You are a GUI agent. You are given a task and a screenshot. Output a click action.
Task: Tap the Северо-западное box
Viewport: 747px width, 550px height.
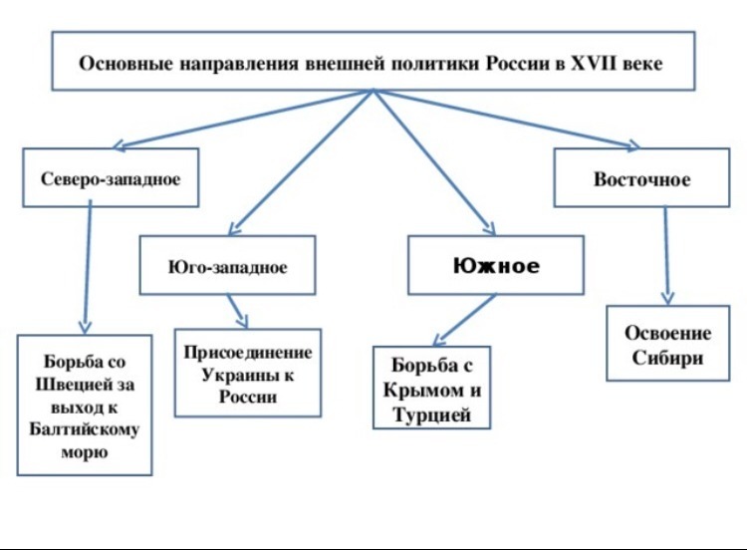tap(111, 177)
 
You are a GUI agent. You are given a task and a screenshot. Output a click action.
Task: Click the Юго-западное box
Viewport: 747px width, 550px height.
tap(227, 265)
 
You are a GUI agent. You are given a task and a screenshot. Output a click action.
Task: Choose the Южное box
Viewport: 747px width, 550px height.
tap(496, 265)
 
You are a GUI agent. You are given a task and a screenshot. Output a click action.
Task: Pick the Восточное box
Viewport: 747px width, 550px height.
tap(641, 177)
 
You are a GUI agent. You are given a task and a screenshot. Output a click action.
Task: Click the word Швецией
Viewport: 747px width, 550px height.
tap(85, 385)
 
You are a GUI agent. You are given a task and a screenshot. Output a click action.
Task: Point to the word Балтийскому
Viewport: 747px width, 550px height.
tap(85, 429)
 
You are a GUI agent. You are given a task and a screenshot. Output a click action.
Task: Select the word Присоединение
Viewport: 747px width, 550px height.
tap(248, 353)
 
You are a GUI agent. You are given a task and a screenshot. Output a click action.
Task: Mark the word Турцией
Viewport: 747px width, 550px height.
tap(432, 414)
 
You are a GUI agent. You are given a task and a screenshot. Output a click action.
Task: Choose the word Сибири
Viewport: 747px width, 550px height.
tap(667, 358)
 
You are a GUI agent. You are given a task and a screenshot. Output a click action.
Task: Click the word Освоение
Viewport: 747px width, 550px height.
tap(668, 333)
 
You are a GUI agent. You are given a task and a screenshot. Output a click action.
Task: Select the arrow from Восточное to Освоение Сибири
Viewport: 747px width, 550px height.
tap(666, 255)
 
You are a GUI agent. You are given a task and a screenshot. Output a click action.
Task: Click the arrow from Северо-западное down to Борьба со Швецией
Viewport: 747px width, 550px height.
tap(88, 267)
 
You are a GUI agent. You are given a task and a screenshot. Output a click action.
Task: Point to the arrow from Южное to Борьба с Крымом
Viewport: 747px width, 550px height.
tap(464, 320)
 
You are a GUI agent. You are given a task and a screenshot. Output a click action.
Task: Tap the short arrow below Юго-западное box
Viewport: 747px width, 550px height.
tap(238, 311)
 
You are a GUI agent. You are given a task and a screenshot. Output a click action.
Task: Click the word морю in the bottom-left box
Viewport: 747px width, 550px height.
tap(85, 452)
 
